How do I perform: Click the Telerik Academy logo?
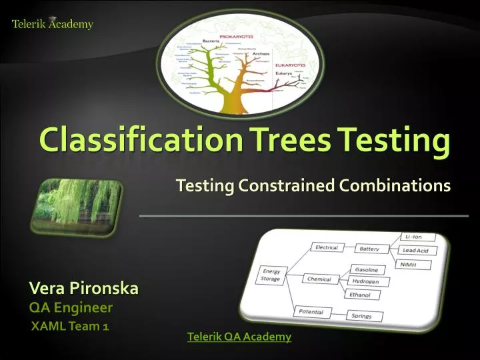point(53,24)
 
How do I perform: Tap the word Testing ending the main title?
point(393,140)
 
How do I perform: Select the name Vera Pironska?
point(83,288)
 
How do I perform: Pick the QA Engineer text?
point(71,307)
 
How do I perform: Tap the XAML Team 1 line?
point(71,326)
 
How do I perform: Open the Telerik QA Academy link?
point(239,337)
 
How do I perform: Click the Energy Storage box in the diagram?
point(271,275)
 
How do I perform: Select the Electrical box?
point(327,247)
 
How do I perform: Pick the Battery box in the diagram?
point(369,249)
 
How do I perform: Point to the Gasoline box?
point(366,270)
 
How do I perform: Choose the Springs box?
point(366,316)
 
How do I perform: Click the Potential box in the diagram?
point(311,311)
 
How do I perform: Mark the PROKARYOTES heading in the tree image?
point(238,33)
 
